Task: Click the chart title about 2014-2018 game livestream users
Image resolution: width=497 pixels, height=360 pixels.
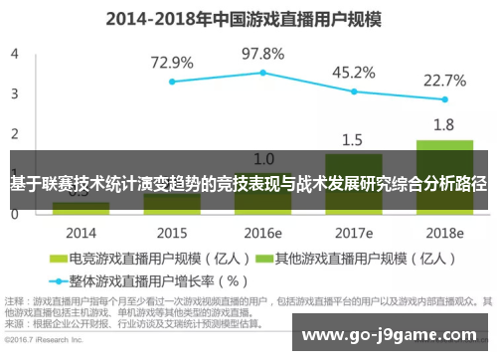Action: pyautogui.click(x=248, y=17)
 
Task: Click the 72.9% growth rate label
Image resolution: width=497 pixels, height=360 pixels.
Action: pyautogui.click(x=172, y=62)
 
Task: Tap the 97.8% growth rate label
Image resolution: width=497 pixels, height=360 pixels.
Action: pyautogui.click(x=263, y=53)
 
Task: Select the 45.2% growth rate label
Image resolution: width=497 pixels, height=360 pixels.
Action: pyautogui.click(x=353, y=72)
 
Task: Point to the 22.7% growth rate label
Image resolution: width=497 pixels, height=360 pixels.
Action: pyautogui.click(x=444, y=80)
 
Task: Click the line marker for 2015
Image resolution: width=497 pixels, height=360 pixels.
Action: pyautogui.click(x=172, y=82)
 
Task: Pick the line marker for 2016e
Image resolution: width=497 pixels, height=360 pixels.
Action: pyautogui.click(x=263, y=73)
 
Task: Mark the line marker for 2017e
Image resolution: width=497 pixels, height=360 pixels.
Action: pyautogui.click(x=354, y=91)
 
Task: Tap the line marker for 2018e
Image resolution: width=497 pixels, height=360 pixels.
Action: pyautogui.click(x=444, y=99)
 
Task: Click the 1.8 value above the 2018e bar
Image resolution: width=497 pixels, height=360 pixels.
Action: pyautogui.click(x=444, y=125)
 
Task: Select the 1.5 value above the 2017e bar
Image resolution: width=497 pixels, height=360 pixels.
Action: pyautogui.click(x=353, y=139)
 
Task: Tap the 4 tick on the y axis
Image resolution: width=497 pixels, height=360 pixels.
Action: pyautogui.click(x=14, y=55)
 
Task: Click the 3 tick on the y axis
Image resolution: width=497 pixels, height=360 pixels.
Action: pyautogui.click(x=14, y=93)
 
